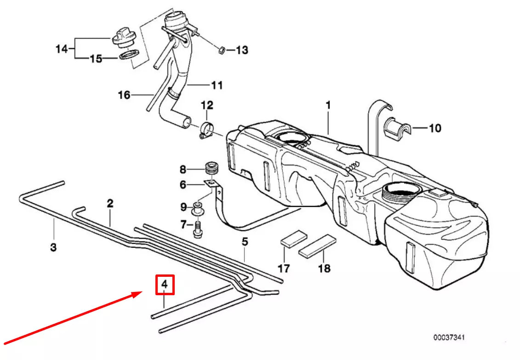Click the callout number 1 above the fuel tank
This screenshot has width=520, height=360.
point(328,105)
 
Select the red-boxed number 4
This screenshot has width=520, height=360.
point(165,285)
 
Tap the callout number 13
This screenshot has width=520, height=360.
point(242,50)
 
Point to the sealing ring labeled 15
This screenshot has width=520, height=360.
point(128,56)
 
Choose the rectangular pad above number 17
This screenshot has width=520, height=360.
point(293,240)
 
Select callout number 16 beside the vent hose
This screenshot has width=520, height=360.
point(124,95)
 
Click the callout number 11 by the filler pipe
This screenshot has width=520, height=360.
point(217,85)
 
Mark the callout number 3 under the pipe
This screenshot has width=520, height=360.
point(53,247)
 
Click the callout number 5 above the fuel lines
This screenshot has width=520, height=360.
point(245,241)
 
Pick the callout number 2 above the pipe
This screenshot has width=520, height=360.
point(110,203)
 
